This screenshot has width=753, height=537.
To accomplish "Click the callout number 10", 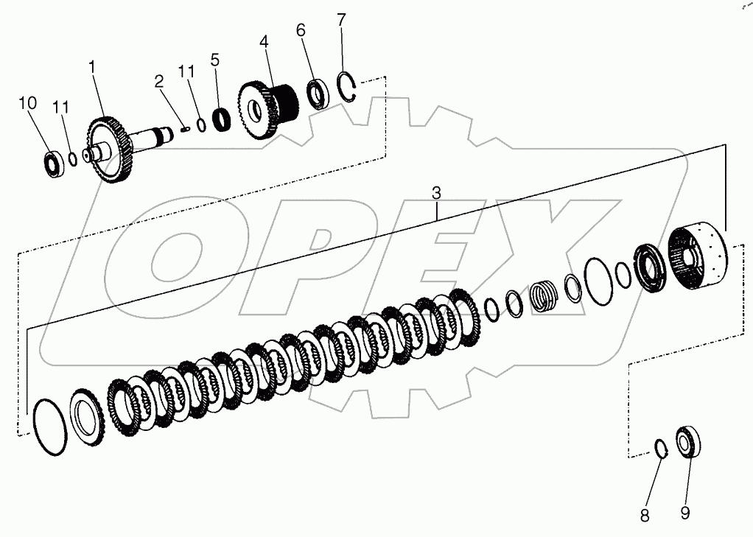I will (x=27, y=103).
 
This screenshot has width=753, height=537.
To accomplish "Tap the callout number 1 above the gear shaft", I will (x=92, y=67).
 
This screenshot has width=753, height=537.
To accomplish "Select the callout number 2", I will (x=158, y=83).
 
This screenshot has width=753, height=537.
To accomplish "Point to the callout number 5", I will (x=214, y=60).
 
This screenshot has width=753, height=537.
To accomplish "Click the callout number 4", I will (x=264, y=42).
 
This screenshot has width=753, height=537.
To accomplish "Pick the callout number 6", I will (x=301, y=30).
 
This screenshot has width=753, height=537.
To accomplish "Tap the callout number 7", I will (x=340, y=20).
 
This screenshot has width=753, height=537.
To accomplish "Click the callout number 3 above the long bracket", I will (x=436, y=194).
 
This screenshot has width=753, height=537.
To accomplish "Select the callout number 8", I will (x=645, y=516).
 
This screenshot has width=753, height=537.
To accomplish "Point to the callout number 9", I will (x=685, y=513).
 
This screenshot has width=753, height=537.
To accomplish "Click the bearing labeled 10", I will (x=54, y=164).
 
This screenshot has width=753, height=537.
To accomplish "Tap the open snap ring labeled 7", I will (x=349, y=87).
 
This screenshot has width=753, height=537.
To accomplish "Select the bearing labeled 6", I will (x=318, y=94).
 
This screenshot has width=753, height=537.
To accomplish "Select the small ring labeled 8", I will (x=662, y=447).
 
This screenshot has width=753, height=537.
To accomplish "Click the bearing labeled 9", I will (x=688, y=443).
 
